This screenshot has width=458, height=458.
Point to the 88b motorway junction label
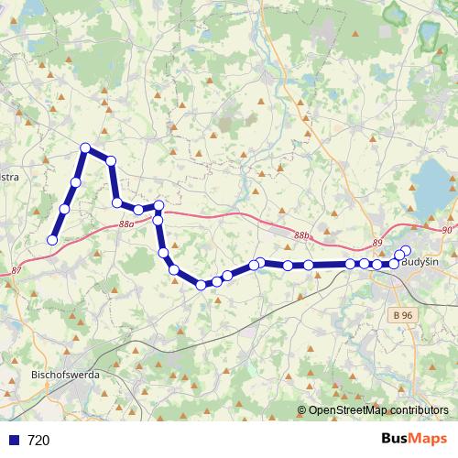click(x=302, y=235)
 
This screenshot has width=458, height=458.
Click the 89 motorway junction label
click(x=377, y=242)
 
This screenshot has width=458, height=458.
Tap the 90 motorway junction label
click(x=447, y=230)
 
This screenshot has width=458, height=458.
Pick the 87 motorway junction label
click(x=16, y=270)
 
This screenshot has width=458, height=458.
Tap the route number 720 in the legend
click(x=39, y=440)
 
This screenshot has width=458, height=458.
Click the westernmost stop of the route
click(x=52, y=240)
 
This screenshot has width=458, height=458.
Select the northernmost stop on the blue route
click(x=85, y=147)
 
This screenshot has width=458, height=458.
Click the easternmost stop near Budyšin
click(x=407, y=251)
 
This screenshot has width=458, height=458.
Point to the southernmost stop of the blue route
click(x=202, y=285)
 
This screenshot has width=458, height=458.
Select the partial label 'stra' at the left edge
click(x=8, y=177)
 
